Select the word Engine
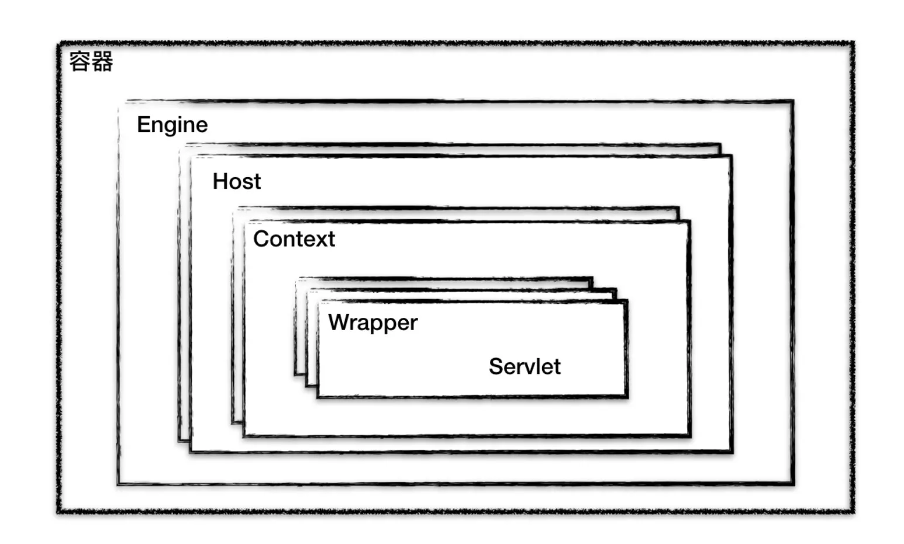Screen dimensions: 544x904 pos(172,125)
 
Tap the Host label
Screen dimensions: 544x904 pos(236,182)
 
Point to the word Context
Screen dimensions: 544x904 pos(294,239)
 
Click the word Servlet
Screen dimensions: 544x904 pos(525,367)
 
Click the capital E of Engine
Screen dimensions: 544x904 pos(143,125)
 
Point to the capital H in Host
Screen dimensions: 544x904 pos(220,182)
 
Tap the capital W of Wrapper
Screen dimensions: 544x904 pos(339,323)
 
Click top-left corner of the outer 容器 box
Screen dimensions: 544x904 pos(59,43)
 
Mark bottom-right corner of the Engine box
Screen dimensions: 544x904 pos(793,483)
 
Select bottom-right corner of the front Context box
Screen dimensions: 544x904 pos(690,436)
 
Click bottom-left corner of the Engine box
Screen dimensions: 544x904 pos(119,483)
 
